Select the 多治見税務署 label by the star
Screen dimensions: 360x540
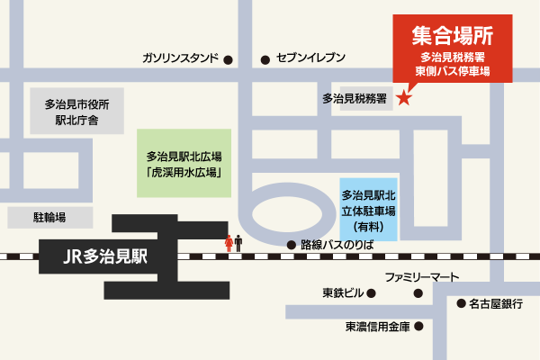[355, 100]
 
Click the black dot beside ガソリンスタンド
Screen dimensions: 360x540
[228, 59]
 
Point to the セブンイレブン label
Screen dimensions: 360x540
[310, 59]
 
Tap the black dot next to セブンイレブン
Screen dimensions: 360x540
[265, 59]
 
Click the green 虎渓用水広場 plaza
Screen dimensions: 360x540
[184, 163]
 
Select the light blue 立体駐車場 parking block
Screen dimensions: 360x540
[370, 208]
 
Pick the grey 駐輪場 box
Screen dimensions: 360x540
[50, 217]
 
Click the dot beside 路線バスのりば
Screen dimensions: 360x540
[291, 244]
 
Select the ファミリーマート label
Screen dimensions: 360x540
[422, 276]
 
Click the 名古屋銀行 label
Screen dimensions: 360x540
[496, 303]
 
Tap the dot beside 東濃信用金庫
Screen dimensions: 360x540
[417, 326]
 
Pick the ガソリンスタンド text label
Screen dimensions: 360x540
[180, 59]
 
